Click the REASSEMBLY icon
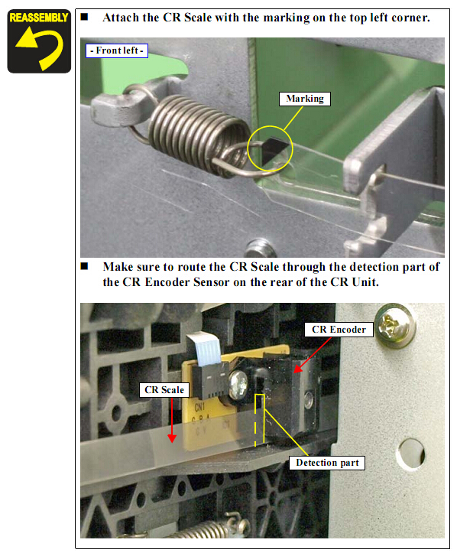point(39,41)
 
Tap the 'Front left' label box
point(117,50)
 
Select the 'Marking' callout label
point(305,99)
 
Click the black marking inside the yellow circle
point(272,149)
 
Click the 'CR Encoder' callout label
point(339,330)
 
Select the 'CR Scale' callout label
point(164,390)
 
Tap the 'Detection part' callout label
point(327,463)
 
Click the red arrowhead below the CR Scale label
point(172,438)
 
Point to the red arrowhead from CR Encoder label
point(298,368)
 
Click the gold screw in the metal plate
point(395,326)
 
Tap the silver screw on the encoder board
point(238,384)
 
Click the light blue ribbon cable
point(205,349)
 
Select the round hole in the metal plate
point(411,454)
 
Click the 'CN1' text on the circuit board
point(199,406)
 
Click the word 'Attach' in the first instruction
point(121,18)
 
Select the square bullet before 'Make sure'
point(84,266)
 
